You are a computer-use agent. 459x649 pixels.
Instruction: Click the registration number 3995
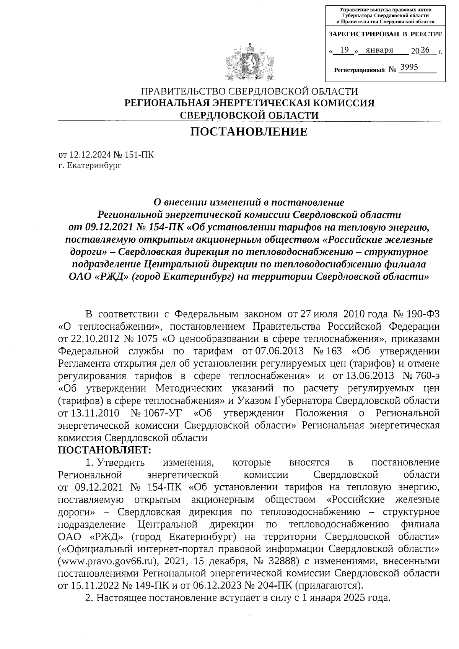pos(409,68)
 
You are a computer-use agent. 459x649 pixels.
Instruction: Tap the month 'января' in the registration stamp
pos(379,50)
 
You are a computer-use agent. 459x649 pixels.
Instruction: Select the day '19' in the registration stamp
pos(345,50)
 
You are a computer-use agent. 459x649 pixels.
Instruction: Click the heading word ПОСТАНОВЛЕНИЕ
pos(249,132)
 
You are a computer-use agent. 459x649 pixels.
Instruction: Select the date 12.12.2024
pos(91,155)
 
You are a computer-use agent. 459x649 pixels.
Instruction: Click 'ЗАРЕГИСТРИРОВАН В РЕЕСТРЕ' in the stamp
pos(385,34)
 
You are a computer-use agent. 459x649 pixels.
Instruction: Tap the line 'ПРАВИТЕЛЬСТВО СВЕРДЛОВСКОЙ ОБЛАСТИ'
pos(249,92)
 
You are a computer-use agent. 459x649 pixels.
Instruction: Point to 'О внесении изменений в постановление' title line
pos(249,202)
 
